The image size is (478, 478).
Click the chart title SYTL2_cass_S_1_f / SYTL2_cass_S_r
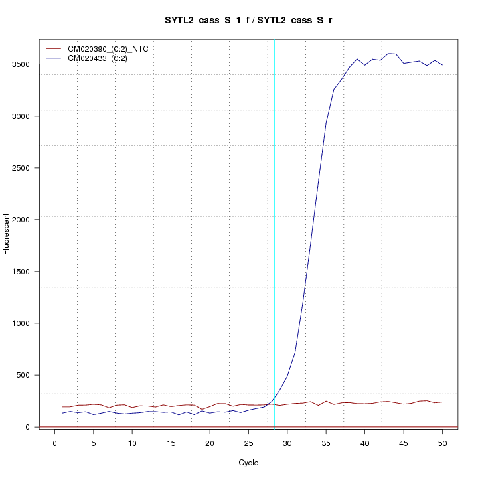[x=248, y=21]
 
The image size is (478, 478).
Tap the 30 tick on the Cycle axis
[x=287, y=443]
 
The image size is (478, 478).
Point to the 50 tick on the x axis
[x=442, y=443]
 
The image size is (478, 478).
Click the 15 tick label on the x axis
[x=171, y=443]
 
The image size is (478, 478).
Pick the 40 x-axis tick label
[x=364, y=443]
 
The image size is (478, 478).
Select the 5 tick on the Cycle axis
[x=94, y=443]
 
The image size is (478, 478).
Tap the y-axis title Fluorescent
[x=7, y=234]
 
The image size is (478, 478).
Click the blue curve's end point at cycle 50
[x=442, y=64]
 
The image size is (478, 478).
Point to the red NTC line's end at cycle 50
[x=442, y=402]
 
